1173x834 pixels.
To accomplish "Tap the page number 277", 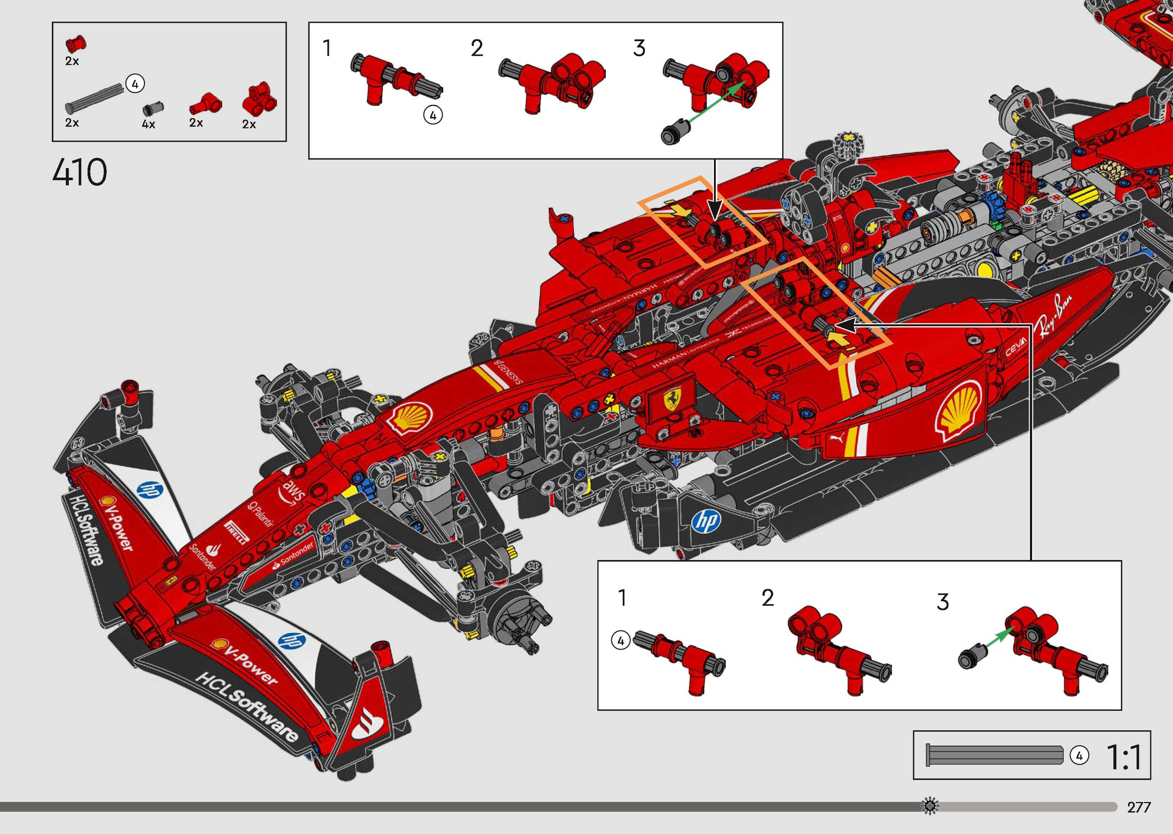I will pos(1138,807).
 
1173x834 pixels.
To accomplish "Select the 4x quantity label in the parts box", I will pos(149,124).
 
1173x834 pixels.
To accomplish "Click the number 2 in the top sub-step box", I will pos(477,49).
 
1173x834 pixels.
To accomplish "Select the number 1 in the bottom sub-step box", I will pos(622,598).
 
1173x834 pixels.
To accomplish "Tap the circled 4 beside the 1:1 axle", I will pos(1079,756).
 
